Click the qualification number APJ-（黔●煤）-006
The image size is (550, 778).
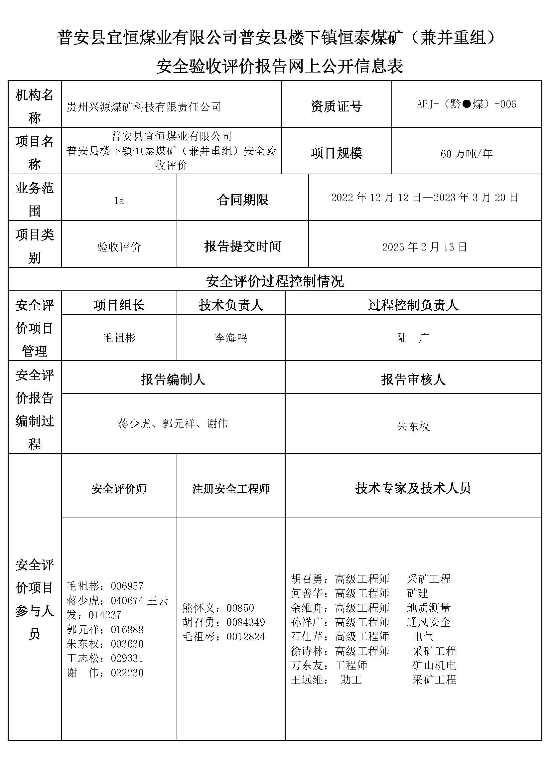466,104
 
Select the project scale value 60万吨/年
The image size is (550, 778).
466,154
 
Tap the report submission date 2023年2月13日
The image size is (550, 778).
425,247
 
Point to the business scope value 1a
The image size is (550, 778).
119,201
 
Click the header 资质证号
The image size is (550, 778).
336,106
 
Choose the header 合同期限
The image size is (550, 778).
242,200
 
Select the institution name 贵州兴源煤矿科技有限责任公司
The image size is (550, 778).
144,107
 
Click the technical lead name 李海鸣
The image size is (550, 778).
231,338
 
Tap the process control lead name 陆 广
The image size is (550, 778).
413,338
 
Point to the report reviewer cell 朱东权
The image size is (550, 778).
413,426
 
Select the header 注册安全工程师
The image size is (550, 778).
231,489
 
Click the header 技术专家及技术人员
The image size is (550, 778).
413,488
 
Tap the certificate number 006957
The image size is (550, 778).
127,586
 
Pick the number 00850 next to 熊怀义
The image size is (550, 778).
240,608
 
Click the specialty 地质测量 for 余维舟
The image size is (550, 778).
428,608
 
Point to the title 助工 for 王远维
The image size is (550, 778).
351,680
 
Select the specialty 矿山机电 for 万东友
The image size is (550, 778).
434,665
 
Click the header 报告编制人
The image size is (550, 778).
173,380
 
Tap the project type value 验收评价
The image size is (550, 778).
119,247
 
